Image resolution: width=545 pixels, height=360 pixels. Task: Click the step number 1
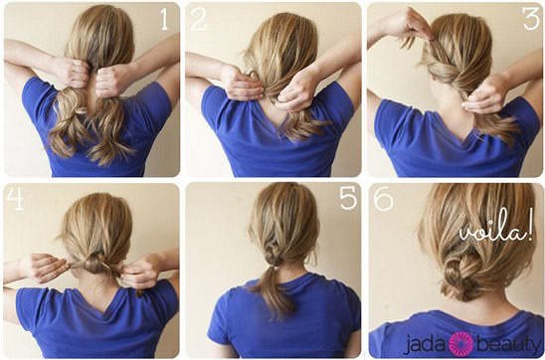pyautogui.click(x=164, y=19)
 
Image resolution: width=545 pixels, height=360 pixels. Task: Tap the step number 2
pyautogui.click(x=199, y=19)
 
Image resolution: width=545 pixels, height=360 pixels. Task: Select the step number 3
pyautogui.click(x=532, y=19)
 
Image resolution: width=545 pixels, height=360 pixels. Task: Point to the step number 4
pyautogui.click(x=15, y=198)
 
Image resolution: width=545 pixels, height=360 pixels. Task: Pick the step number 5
pyautogui.click(x=348, y=198)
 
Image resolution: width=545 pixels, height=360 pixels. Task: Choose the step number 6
pyautogui.click(x=383, y=198)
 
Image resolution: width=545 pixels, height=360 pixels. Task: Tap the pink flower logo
pyautogui.click(x=460, y=344)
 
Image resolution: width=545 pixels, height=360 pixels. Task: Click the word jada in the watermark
pyautogui.click(x=425, y=345)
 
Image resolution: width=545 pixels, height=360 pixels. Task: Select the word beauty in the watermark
pyautogui.click(x=507, y=345)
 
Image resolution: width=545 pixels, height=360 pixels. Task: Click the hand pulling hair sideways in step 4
pyautogui.click(x=44, y=268)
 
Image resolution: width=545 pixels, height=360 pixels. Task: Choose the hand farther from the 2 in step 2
pyautogui.click(x=297, y=89)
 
